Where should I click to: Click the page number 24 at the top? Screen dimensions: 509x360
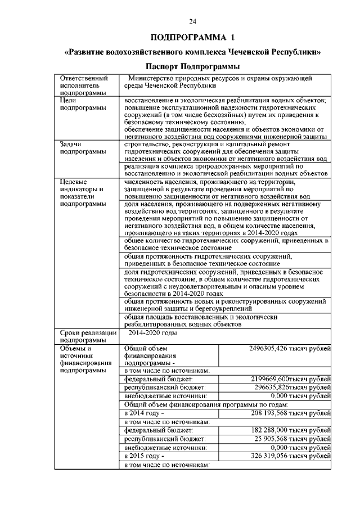[x=192, y=21]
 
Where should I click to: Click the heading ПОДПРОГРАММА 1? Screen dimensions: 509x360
[x=192, y=38]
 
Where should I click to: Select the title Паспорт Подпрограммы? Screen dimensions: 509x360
[x=192, y=67]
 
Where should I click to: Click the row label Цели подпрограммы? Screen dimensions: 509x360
[x=79, y=103]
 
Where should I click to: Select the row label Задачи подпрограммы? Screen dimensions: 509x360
[x=79, y=147]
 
